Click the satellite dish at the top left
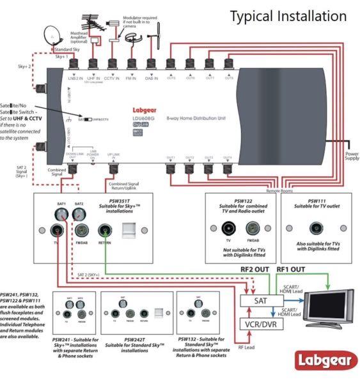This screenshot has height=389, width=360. pos(51,36)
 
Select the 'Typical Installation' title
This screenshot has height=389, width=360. pos(288,15)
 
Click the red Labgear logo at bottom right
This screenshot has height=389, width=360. pos(323,361)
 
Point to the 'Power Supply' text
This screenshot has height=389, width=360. pos(352,155)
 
